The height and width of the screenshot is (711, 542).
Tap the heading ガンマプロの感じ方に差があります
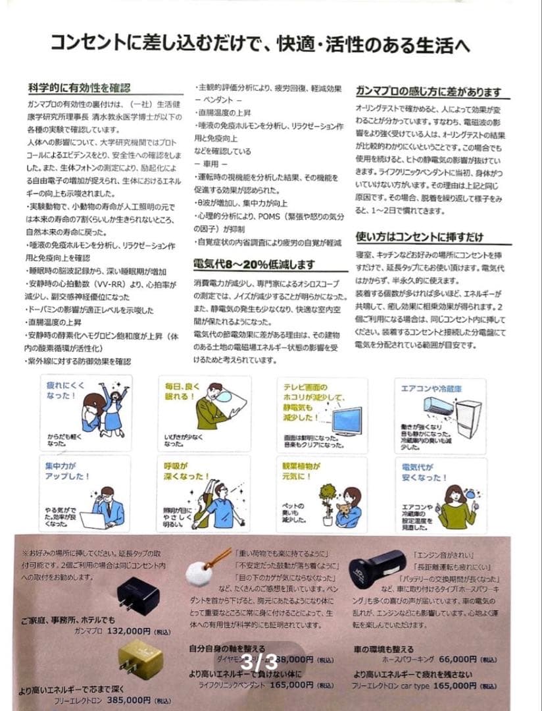pos(428,92)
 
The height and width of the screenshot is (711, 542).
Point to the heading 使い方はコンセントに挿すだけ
pos(419,237)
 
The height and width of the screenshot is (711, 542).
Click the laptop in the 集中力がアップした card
pos(91,520)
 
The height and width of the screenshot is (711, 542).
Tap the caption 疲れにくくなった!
pos(62,392)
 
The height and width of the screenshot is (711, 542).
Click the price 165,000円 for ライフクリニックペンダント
pos(289,685)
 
